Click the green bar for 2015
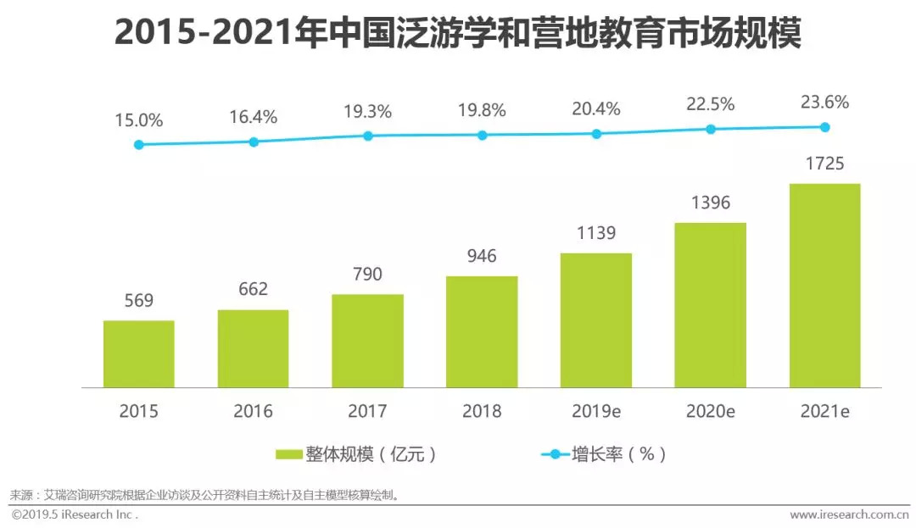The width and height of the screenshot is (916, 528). (138, 353)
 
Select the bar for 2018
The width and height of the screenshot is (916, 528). (482, 331)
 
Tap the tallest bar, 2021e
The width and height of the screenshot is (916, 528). (824, 285)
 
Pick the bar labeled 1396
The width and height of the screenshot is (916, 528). (710, 304)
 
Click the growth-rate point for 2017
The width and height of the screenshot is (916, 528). (368, 136)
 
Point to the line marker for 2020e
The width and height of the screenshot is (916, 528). (711, 129)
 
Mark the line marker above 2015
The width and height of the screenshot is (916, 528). (139, 145)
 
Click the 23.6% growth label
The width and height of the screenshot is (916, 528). (824, 103)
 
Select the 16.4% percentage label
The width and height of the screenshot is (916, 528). (253, 117)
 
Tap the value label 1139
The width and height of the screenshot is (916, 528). (595, 233)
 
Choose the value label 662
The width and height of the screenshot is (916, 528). (253, 289)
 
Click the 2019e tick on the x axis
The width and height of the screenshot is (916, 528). (595, 412)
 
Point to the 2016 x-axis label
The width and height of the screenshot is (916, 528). (253, 412)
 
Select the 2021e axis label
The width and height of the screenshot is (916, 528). (824, 412)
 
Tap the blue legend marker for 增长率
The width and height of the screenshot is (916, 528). (556, 454)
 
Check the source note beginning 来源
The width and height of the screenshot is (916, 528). (204, 495)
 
